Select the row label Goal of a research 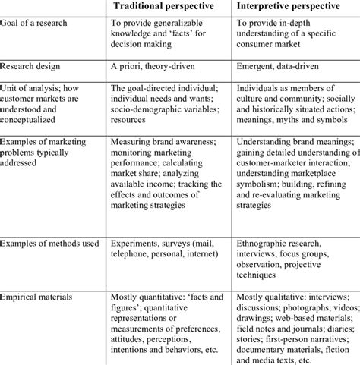(36, 24)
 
